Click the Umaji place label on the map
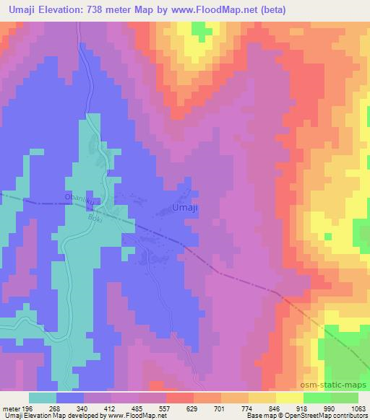186,208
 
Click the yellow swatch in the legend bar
290,398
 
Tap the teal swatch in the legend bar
43,398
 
